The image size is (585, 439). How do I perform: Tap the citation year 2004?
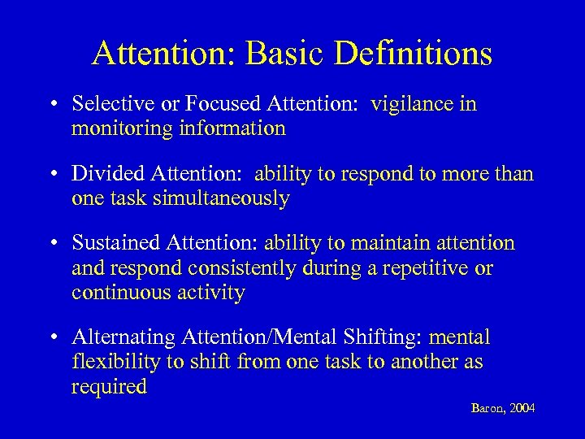(x=521, y=408)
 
